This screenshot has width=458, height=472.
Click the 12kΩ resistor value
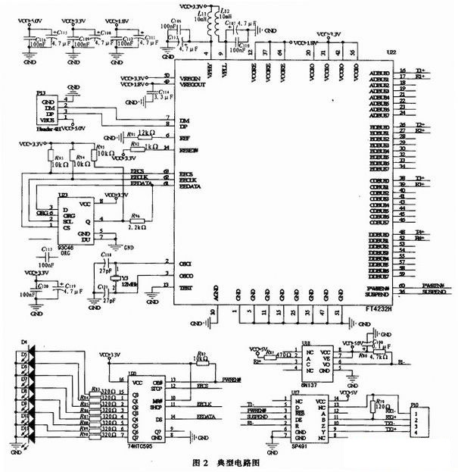tap(147, 132)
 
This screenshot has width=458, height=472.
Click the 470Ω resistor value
tap(283, 354)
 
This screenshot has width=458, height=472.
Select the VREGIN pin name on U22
tap(188, 76)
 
